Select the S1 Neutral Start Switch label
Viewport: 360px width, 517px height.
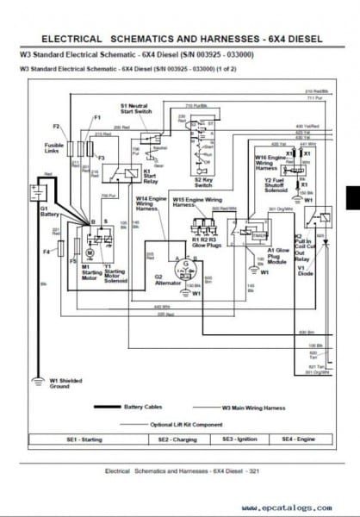137,109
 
